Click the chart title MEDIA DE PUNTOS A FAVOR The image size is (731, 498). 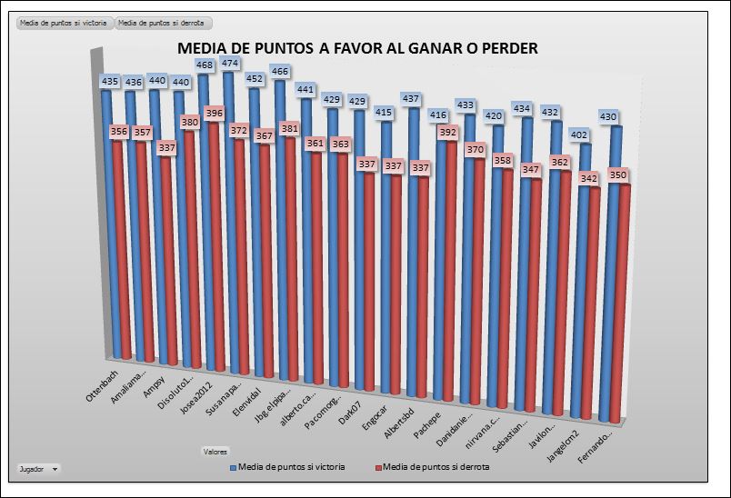pyautogui.click(x=356, y=48)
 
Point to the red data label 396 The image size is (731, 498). pyautogui.click(x=215, y=114)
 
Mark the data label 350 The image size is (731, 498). pyautogui.click(x=618, y=175)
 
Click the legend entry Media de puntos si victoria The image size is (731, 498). pyautogui.click(x=287, y=467)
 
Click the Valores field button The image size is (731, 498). pyautogui.click(x=215, y=451)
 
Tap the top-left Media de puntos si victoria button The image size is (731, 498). pyautogui.click(x=61, y=23)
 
